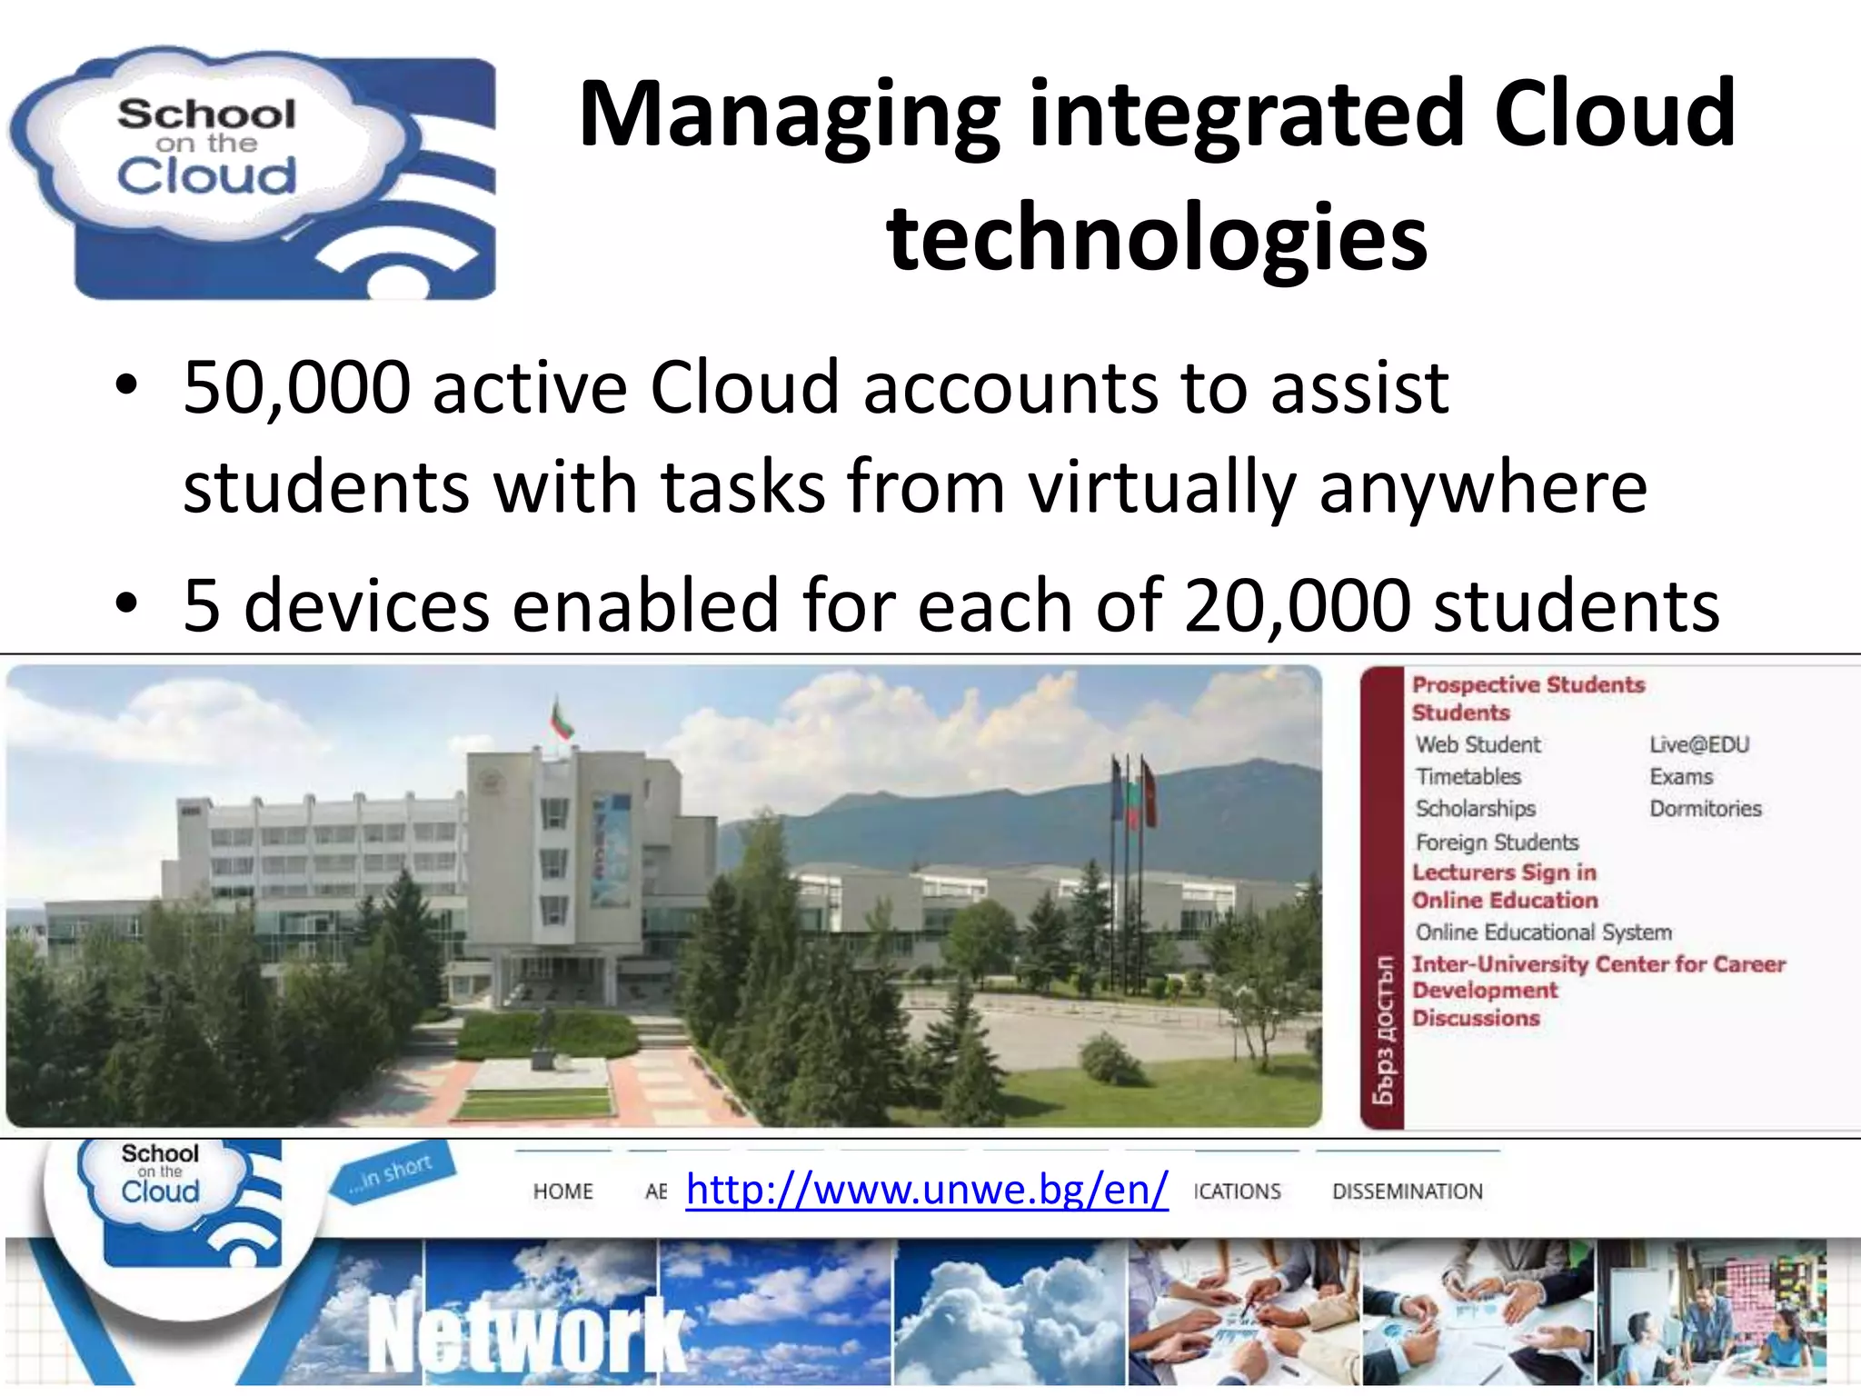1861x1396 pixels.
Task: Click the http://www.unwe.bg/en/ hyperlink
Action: point(927,1189)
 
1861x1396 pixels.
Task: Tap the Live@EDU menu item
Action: point(1698,745)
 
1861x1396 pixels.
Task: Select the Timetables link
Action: point(1468,777)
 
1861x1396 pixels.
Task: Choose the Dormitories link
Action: point(1705,809)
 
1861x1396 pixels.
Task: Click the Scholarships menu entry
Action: point(1475,809)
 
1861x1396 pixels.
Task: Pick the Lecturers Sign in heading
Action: point(1504,872)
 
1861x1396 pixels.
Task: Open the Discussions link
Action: point(1476,1019)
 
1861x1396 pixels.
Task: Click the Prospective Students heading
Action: point(1528,684)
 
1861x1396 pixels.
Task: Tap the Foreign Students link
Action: point(1497,843)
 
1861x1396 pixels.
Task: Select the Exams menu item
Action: point(1681,777)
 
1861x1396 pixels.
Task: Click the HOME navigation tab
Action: point(562,1192)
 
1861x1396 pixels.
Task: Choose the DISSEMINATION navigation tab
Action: point(1407,1192)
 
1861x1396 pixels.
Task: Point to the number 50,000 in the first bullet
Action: point(296,389)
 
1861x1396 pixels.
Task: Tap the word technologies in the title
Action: point(1156,238)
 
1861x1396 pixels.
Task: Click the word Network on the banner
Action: point(527,1334)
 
